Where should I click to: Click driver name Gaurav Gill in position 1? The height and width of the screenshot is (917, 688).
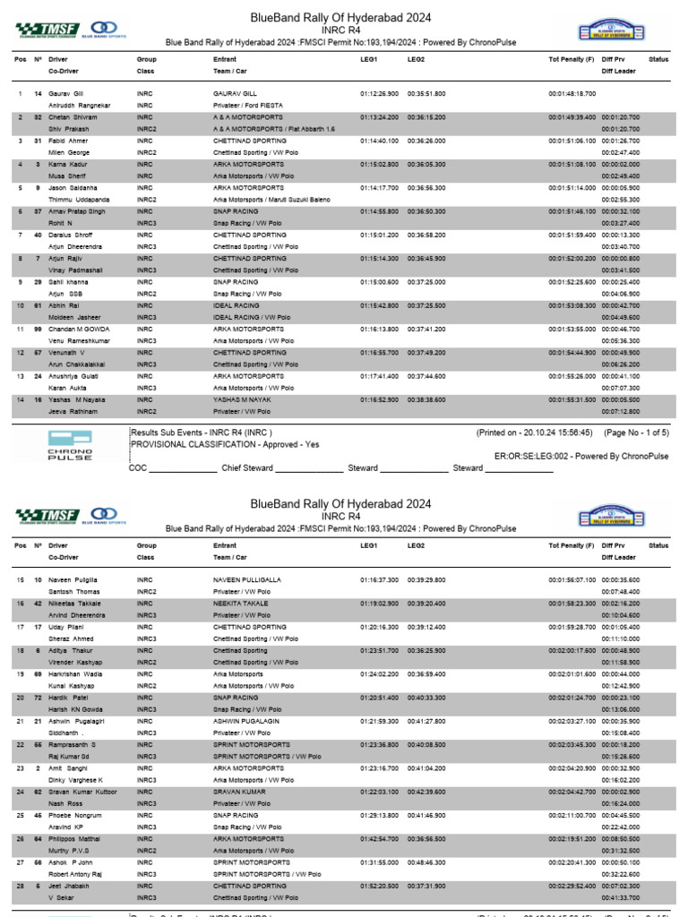click(x=67, y=93)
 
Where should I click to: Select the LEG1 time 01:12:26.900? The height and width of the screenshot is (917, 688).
click(x=379, y=93)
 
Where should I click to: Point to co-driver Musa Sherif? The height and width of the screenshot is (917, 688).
click(x=66, y=176)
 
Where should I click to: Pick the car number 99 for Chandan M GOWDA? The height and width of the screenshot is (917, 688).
click(x=39, y=329)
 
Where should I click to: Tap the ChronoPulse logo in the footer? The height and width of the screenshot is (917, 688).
click(x=69, y=444)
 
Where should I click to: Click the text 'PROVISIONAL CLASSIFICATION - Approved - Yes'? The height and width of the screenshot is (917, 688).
click(x=225, y=443)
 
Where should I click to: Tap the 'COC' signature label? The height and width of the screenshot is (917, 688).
click(x=138, y=467)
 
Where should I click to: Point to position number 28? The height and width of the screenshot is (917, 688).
click(x=20, y=886)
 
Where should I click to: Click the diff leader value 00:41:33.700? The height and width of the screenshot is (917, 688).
click(x=620, y=896)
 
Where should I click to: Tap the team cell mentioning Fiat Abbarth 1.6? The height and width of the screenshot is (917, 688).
click(x=261, y=128)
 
